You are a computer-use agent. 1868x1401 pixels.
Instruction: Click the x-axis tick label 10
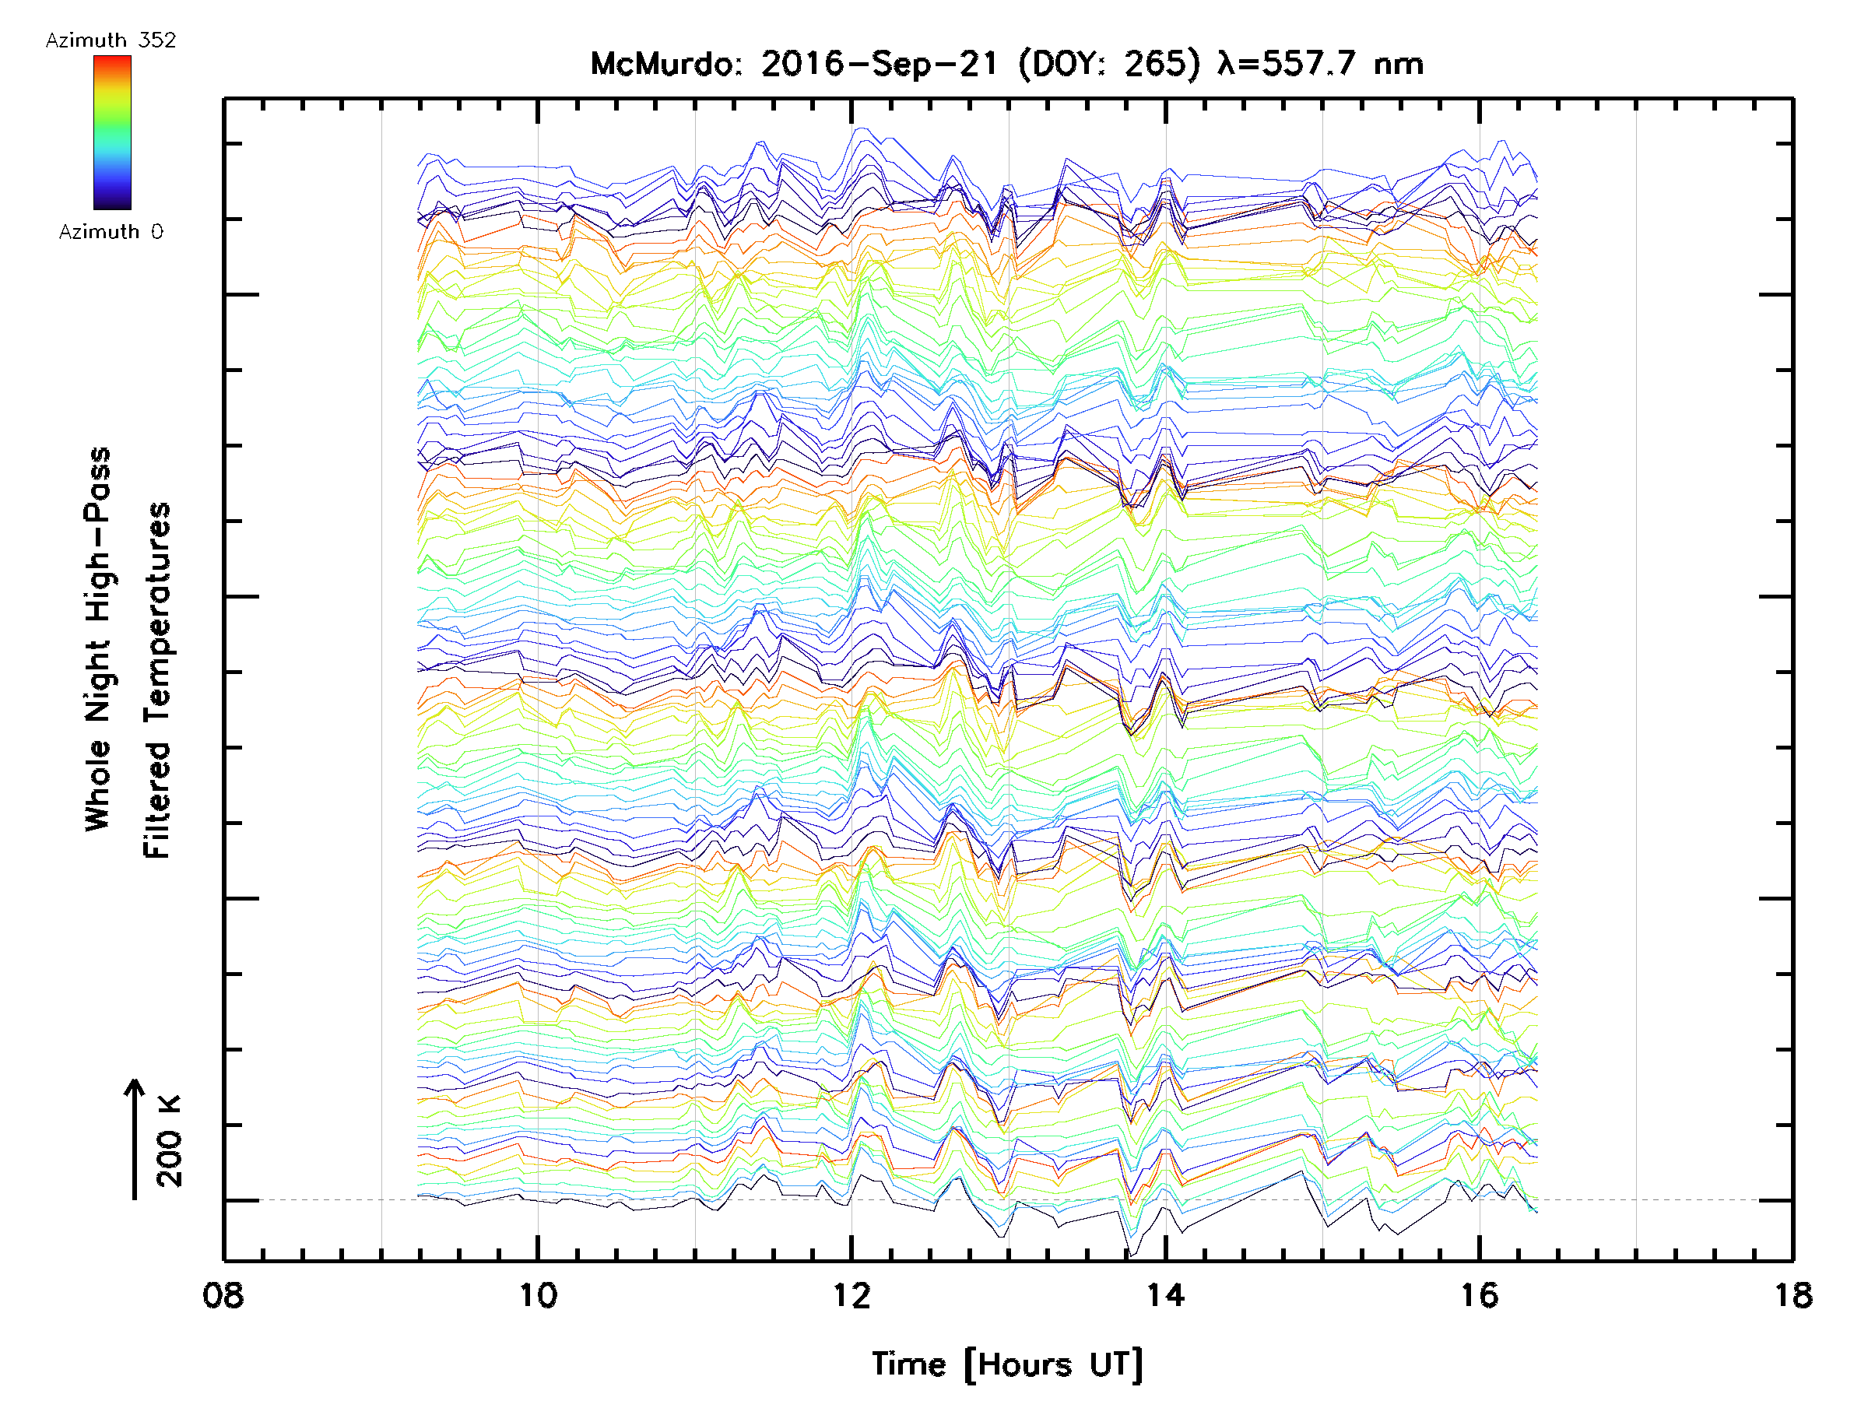pyautogui.click(x=538, y=1295)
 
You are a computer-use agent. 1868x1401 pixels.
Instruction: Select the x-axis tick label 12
pyautogui.click(x=851, y=1295)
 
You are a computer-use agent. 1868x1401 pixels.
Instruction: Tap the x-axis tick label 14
pyautogui.click(x=1165, y=1295)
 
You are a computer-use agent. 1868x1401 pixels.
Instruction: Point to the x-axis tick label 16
pyautogui.click(x=1480, y=1295)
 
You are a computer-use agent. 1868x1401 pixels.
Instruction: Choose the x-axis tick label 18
pyautogui.click(x=1792, y=1295)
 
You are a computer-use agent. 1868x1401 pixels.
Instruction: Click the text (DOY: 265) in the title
pyautogui.click(x=1109, y=64)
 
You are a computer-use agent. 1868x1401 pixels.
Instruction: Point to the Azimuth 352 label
pyautogui.click(x=111, y=40)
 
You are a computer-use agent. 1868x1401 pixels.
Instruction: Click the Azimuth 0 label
pyautogui.click(x=111, y=231)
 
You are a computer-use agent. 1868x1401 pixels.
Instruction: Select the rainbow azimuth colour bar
pyautogui.click(x=112, y=132)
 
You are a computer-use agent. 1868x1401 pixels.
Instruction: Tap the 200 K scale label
pyautogui.click(x=170, y=1141)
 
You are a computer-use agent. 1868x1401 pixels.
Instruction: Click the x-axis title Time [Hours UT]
pyautogui.click(x=1007, y=1364)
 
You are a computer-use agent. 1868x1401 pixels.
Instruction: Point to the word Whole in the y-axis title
pyautogui.click(x=98, y=785)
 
